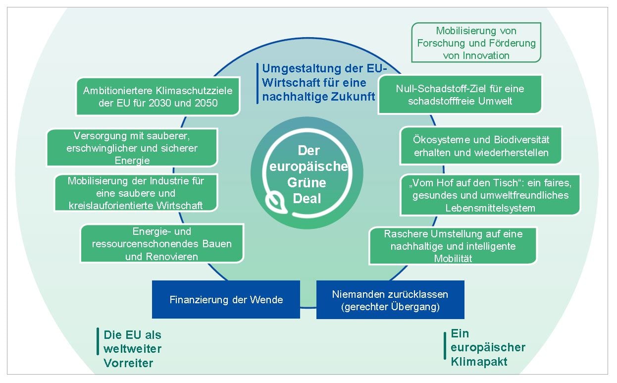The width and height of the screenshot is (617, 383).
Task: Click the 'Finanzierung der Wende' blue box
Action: [226, 299]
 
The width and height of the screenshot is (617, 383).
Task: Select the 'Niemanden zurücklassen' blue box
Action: [390, 300]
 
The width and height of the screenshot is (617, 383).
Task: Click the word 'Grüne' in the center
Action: [307, 183]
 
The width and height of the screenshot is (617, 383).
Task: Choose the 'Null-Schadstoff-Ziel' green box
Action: [460, 95]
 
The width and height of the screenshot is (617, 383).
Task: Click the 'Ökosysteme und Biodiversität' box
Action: [481, 146]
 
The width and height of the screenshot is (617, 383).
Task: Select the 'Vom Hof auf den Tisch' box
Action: [490, 195]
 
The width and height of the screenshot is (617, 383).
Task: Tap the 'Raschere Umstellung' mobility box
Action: [453, 246]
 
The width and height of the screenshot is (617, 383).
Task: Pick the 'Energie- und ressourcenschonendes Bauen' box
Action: [162, 244]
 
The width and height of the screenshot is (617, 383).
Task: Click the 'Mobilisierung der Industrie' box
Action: [136, 193]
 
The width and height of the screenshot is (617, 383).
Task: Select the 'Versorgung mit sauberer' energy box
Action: [132, 148]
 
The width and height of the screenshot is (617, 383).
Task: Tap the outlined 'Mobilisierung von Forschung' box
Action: [476, 43]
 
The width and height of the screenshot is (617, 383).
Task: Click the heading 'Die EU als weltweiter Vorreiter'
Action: [132, 349]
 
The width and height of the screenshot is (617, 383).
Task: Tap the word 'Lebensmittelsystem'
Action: [490, 208]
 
